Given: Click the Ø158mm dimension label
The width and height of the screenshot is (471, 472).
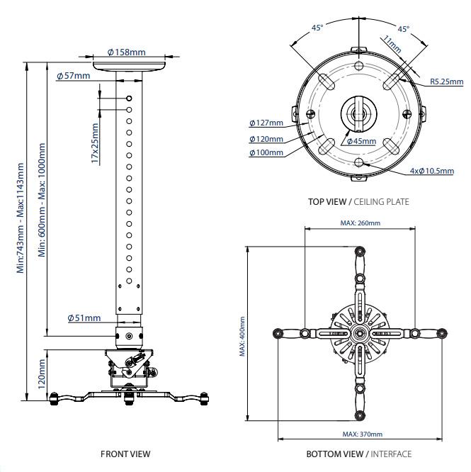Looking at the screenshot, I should click(127, 52).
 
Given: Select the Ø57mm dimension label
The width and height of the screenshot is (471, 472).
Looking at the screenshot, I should click(77, 76).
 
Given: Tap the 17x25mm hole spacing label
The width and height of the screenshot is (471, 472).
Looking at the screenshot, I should click(95, 144).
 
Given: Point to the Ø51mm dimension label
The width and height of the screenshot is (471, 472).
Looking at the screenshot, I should click(84, 318).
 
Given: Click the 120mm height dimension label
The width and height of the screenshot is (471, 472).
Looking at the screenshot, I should click(42, 373).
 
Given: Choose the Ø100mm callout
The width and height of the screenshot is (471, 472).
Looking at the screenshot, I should click(266, 152).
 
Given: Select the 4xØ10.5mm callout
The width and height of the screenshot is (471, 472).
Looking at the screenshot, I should click(432, 171).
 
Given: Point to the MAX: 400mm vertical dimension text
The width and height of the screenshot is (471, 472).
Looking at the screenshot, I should click(243, 337).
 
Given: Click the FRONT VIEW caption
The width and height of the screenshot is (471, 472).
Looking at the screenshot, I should click(125, 454).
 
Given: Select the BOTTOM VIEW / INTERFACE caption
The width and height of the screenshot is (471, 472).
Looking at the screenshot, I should click(358, 454).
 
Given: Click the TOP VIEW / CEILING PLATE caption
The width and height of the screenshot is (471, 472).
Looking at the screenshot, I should click(358, 202).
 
